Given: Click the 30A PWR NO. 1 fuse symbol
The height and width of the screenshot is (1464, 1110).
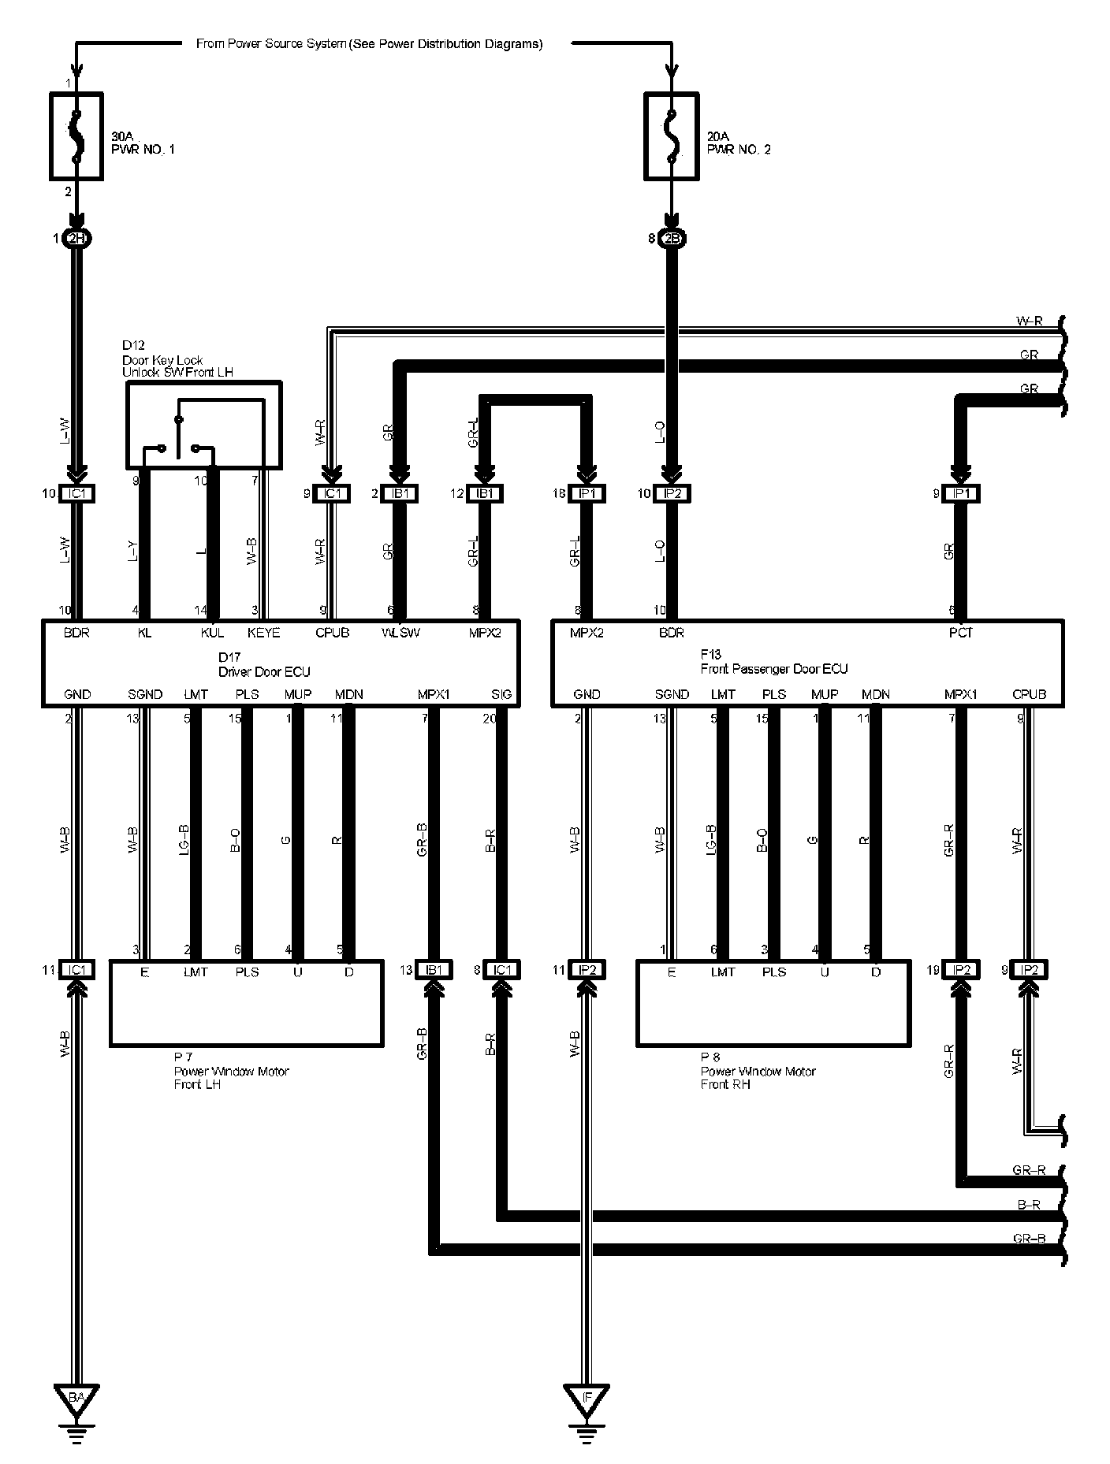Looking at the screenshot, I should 76,136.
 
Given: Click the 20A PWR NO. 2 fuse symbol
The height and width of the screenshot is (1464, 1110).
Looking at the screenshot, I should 671,136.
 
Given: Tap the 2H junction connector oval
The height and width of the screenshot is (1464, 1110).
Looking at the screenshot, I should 76,238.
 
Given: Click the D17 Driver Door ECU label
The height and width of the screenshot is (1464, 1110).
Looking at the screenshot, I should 263,664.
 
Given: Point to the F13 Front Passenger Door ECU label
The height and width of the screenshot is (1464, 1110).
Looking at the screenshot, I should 773,662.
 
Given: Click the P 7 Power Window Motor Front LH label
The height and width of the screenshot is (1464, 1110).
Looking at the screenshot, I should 231,1071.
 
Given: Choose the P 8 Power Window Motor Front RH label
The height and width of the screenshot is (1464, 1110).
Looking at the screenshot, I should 758,1071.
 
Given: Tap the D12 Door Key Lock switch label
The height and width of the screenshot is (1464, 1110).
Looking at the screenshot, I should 177,359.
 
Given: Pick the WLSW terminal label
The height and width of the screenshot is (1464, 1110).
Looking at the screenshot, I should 400,633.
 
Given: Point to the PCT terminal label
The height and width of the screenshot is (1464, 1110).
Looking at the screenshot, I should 961,633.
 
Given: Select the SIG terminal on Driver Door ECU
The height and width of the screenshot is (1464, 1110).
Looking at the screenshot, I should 501,694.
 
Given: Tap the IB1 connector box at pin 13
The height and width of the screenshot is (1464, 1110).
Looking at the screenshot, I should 434,970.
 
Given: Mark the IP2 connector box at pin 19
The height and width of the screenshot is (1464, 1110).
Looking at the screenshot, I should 960,970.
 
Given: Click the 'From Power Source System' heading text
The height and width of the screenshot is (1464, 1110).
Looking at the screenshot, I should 369,44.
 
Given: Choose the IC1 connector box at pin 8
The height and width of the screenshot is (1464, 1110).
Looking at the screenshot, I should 501,970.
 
